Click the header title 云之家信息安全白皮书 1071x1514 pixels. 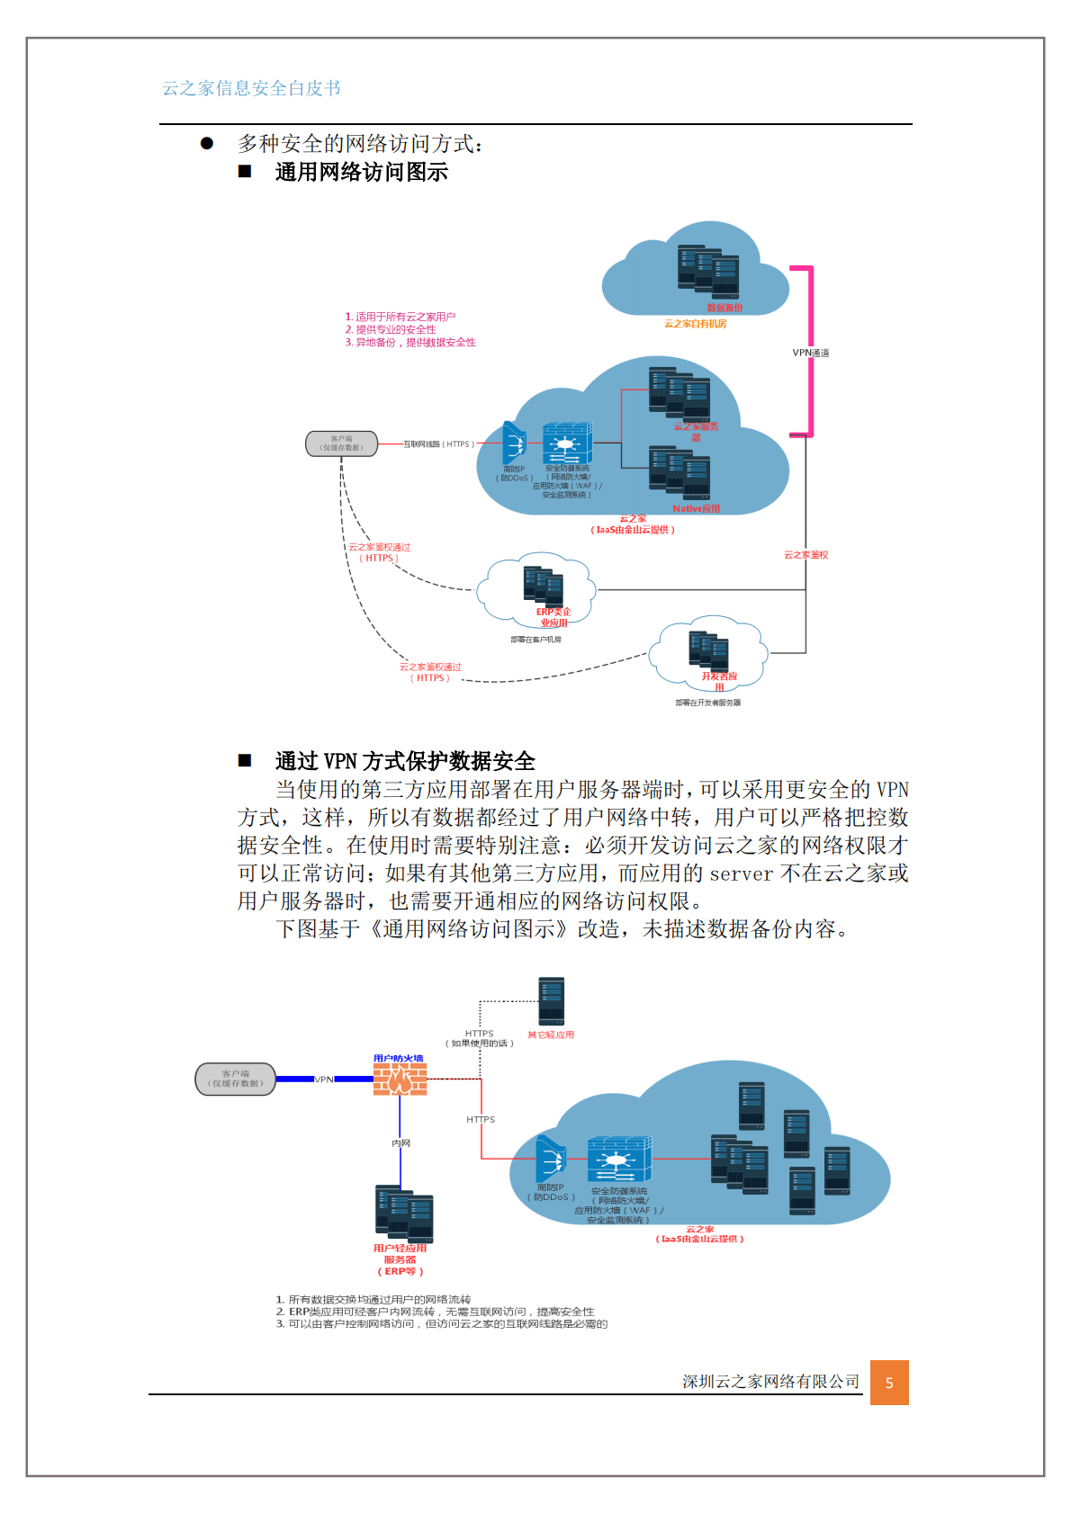(251, 88)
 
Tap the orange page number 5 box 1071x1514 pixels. (889, 1383)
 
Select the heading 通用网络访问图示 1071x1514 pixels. (361, 172)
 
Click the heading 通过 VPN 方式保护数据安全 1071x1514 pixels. (405, 761)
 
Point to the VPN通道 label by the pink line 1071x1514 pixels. (810, 353)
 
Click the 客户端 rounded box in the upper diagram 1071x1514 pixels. (342, 443)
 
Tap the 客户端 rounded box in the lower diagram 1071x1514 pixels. (236, 1079)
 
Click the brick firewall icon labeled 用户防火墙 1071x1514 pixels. (400, 1079)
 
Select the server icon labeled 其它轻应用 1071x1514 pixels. (551, 1000)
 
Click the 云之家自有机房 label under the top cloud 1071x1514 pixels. (695, 324)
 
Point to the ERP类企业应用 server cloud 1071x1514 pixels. (537, 588)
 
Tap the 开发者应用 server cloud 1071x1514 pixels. (710, 651)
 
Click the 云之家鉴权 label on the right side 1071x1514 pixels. (805, 555)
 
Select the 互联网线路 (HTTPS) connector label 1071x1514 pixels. (438, 444)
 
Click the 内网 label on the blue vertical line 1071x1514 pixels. (400, 1143)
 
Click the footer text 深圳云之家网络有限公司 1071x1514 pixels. (770, 1382)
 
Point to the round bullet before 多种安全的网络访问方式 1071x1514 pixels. (207, 143)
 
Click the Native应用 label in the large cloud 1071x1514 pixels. (696, 509)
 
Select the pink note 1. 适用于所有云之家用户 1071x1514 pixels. (400, 317)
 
